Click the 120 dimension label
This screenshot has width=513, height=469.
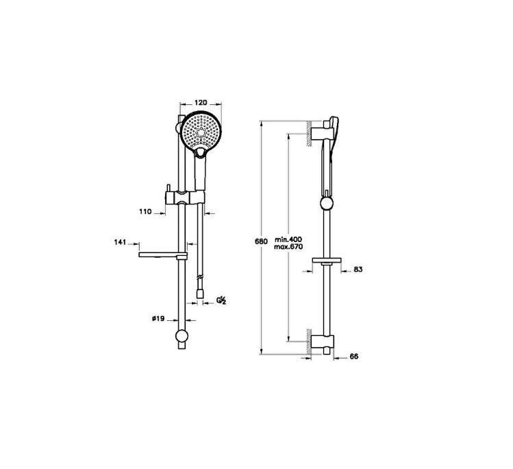coord(201,103)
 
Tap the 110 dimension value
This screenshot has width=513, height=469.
coord(145,212)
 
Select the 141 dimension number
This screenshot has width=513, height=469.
coord(120,242)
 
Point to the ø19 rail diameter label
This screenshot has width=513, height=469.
coord(158,318)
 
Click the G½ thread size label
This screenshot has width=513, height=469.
coord(221,300)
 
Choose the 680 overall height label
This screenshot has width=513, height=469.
coord(261,242)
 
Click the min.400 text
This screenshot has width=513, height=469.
coord(288,239)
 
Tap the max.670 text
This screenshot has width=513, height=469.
coord(288,247)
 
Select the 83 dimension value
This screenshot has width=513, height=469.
coord(358,269)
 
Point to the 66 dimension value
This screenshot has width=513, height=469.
coord(354,357)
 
